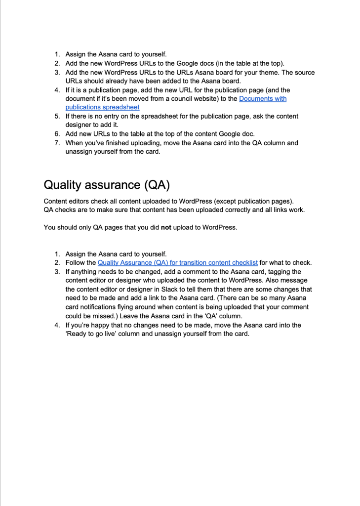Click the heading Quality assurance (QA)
[x=106, y=185]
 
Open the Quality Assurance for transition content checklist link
[x=177, y=263]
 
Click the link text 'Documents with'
[x=263, y=99]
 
